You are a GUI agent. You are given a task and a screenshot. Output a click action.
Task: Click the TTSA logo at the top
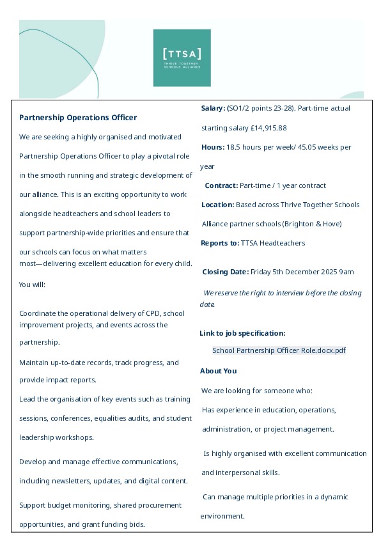[x=182, y=58]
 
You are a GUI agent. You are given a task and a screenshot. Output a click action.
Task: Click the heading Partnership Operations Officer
[x=78, y=118]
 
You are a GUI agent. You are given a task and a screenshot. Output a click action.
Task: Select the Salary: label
[x=213, y=108]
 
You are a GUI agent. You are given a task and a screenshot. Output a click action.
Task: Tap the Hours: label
[x=212, y=147]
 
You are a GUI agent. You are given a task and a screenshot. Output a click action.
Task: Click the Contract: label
[x=221, y=185]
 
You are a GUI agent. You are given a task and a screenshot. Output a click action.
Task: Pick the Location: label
[x=217, y=205]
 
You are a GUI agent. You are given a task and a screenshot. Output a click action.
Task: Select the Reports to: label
[x=219, y=243]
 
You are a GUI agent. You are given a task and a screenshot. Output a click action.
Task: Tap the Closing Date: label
[x=225, y=272]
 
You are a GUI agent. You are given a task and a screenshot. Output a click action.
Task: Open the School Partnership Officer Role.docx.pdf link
[x=279, y=350]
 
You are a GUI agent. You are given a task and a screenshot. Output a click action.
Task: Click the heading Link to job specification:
[x=242, y=333]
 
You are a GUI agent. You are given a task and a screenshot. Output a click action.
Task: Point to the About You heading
[x=218, y=371]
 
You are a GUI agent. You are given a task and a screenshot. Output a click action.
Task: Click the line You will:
[x=32, y=284]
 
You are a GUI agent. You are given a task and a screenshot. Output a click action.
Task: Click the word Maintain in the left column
[x=35, y=363]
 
